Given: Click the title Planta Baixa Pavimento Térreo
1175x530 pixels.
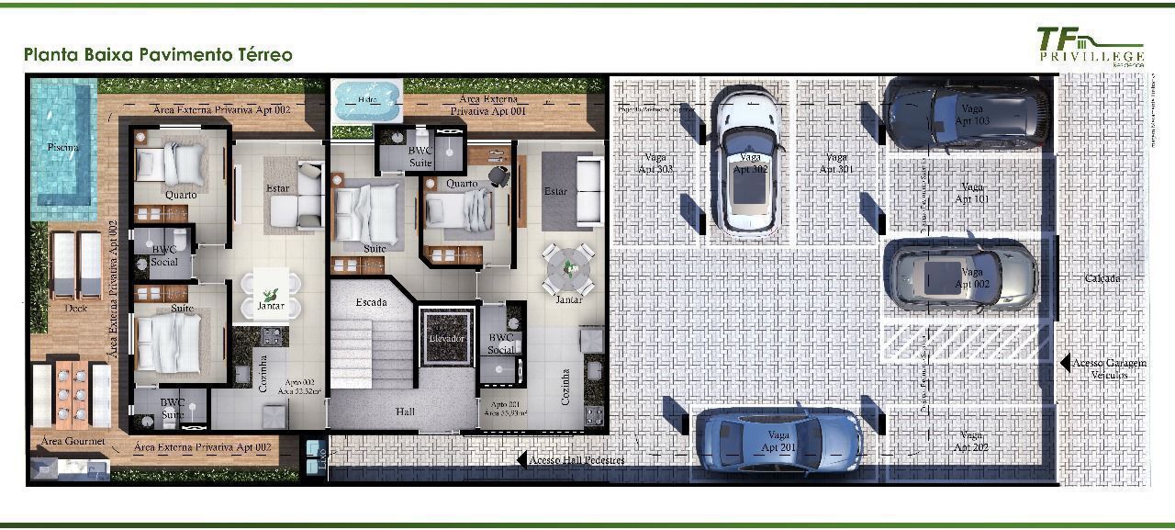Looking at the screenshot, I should click(x=159, y=55).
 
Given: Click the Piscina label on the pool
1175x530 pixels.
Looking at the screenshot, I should click(x=62, y=147).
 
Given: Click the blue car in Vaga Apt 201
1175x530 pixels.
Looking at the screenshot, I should click(x=778, y=442).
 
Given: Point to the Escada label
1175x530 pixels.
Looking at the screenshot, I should click(x=372, y=301).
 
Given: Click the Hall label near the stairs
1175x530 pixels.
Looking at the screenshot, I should click(x=406, y=412).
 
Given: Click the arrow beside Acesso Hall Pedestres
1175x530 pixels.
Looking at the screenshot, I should click(x=521, y=459).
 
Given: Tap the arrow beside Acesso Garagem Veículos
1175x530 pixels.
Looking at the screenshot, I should click(x=1064, y=363).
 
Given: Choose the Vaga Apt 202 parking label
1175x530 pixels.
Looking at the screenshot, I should click(x=970, y=441).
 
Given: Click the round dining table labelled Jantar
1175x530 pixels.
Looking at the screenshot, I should click(x=568, y=265).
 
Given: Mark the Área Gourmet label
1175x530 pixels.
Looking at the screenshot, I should click(x=73, y=442).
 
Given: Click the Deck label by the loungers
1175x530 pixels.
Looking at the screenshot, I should click(x=75, y=309).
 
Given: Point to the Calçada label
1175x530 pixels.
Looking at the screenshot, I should click(x=1102, y=277).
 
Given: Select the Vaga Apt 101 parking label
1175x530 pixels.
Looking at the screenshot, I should click(x=971, y=193).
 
